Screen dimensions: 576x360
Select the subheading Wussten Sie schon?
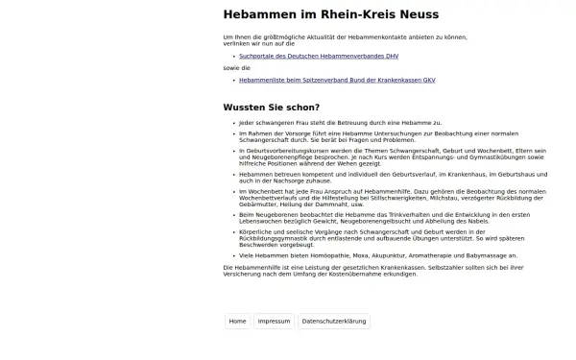(x=272, y=107)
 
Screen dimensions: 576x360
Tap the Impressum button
(x=275, y=322)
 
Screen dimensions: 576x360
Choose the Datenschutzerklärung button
(x=333, y=322)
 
